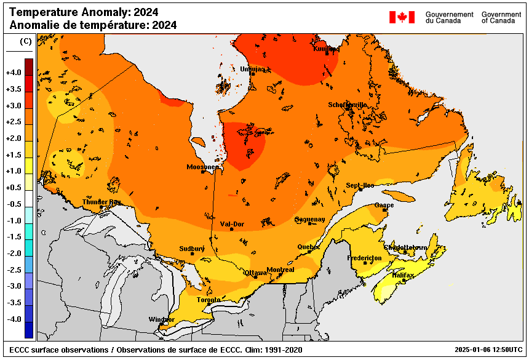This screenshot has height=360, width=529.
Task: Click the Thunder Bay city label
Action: [101, 202]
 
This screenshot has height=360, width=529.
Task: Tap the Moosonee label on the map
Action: [202, 167]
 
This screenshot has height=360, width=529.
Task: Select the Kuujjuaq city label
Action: [326, 49]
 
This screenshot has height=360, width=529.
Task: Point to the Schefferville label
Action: [348, 105]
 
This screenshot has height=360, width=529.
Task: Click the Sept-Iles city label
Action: [360, 185]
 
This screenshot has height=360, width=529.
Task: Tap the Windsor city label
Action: [161, 319]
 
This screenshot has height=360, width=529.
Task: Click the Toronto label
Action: [209, 300]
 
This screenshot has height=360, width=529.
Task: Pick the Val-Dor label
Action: [232, 224]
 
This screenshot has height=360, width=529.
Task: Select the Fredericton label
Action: [364, 258]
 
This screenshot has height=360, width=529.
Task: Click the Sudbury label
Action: [191, 249]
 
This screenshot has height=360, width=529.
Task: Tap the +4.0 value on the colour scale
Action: [14, 73]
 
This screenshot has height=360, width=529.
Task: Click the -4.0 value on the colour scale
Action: [14, 319]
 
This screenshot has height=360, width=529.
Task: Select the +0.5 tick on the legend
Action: [14, 188]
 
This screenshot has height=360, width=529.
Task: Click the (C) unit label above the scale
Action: [25, 41]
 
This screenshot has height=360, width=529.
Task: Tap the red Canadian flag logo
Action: [402, 17]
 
